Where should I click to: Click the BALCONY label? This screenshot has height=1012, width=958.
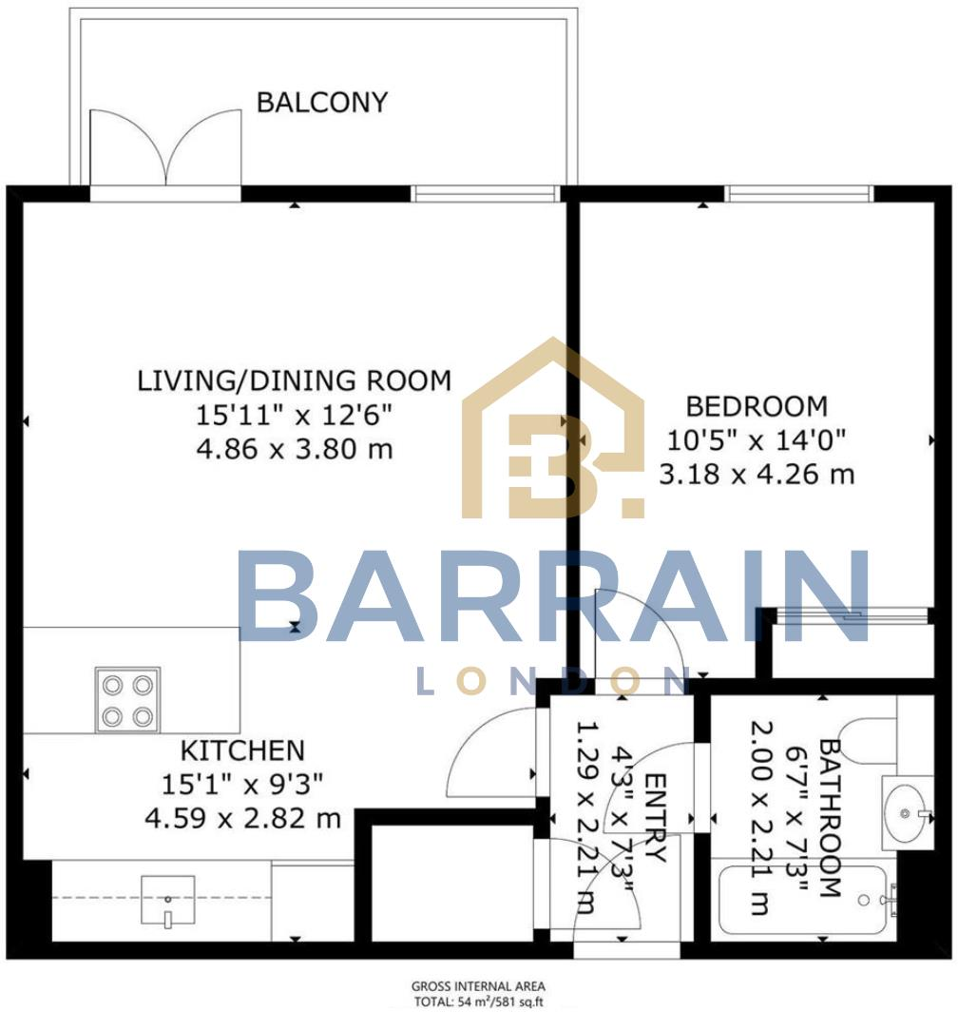pos(322,102)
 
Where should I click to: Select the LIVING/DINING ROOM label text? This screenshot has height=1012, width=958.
pos(294,381)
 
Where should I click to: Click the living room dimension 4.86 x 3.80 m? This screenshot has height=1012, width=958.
pos(294,448)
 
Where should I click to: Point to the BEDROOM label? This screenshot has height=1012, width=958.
pos(757,407)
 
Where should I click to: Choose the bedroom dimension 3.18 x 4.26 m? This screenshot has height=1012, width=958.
pos(757,473)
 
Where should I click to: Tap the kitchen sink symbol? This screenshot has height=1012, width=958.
pos(167,900)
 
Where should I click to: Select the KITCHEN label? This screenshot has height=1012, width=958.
pos(243,751)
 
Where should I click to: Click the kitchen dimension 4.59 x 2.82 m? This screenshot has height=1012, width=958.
pos(243,817)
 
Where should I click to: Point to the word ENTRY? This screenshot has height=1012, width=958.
pos(655,818)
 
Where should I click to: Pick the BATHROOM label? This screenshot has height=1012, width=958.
pos(828,818)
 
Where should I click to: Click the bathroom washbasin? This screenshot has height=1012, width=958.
pos(905,813)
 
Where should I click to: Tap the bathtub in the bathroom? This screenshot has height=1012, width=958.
pos(808,900)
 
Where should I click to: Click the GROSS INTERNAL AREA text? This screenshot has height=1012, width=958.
pos(478,986)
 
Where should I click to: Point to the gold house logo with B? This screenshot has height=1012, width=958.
pos(554,433)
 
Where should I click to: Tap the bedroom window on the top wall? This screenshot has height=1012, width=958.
pos(799,194)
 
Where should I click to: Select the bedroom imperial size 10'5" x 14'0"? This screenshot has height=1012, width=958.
pos(757,439)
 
